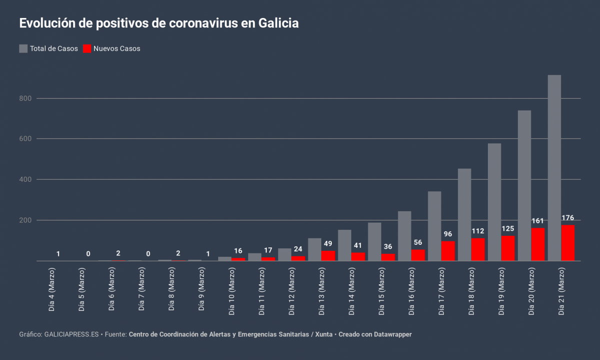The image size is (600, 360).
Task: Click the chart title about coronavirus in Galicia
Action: click(159, 23)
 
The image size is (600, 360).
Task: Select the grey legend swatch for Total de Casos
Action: click(24, 49)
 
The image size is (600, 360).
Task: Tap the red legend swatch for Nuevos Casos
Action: click(87, 49)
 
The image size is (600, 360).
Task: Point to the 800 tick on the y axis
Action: click(26, 99)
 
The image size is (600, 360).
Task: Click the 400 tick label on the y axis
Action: click(26, 179)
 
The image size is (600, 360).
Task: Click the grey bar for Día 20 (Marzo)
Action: click(524, 185)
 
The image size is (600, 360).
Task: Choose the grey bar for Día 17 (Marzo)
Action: click(434, 226)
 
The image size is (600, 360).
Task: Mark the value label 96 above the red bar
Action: click(448, 234)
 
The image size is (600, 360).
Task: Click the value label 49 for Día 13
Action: click(328, 243)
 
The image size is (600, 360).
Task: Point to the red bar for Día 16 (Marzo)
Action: click(418, 255)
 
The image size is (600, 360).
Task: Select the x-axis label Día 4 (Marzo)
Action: click(52, 290)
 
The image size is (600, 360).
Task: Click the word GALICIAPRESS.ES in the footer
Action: click(72, 334)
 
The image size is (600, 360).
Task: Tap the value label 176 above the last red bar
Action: click(567, 218)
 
